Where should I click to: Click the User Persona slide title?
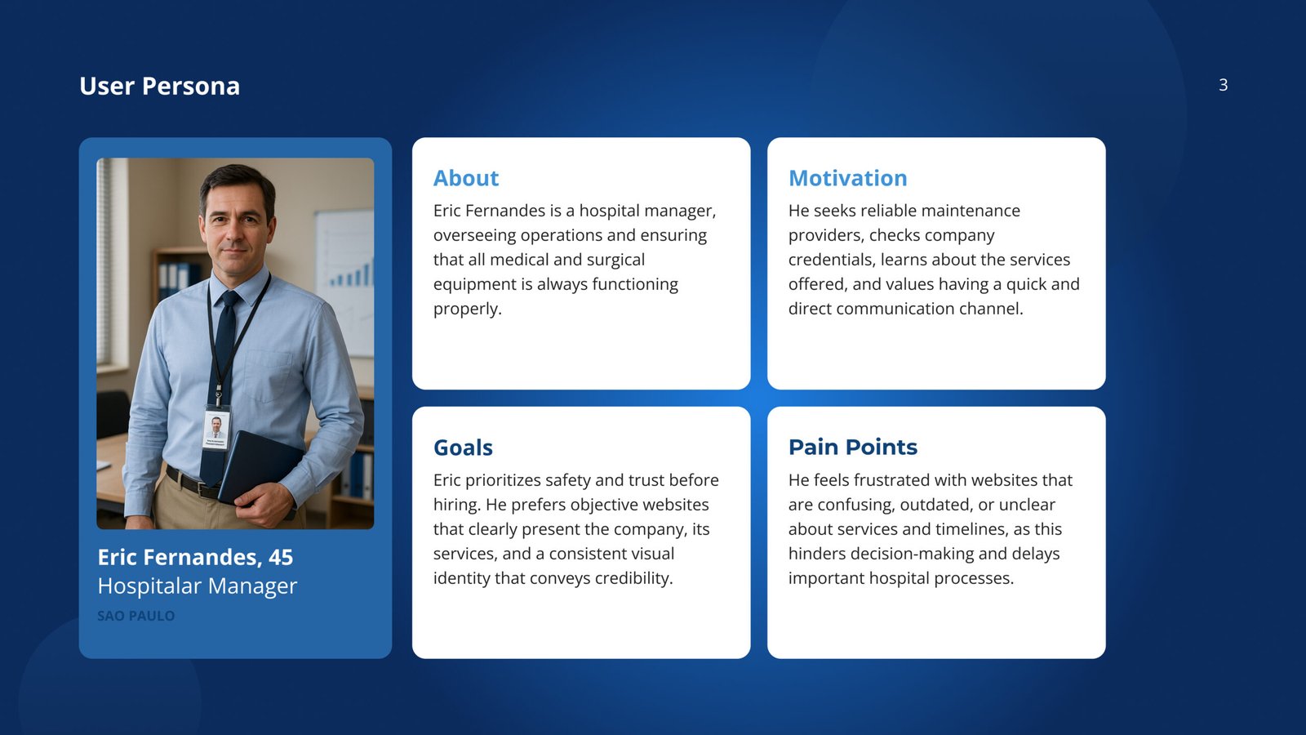point(159,86)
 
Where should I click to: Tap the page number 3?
point(1224,85)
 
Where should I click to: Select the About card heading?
point(466,178)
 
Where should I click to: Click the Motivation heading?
point(848,178)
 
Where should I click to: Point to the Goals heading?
point(463,448)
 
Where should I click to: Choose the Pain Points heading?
point(853,447)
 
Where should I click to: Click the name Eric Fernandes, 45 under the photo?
point(195,557)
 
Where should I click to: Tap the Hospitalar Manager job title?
point(197,586)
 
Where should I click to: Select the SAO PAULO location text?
point(135,616)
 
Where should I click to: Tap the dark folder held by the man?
point(260,469)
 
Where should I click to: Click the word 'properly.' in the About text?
point(468,309)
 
